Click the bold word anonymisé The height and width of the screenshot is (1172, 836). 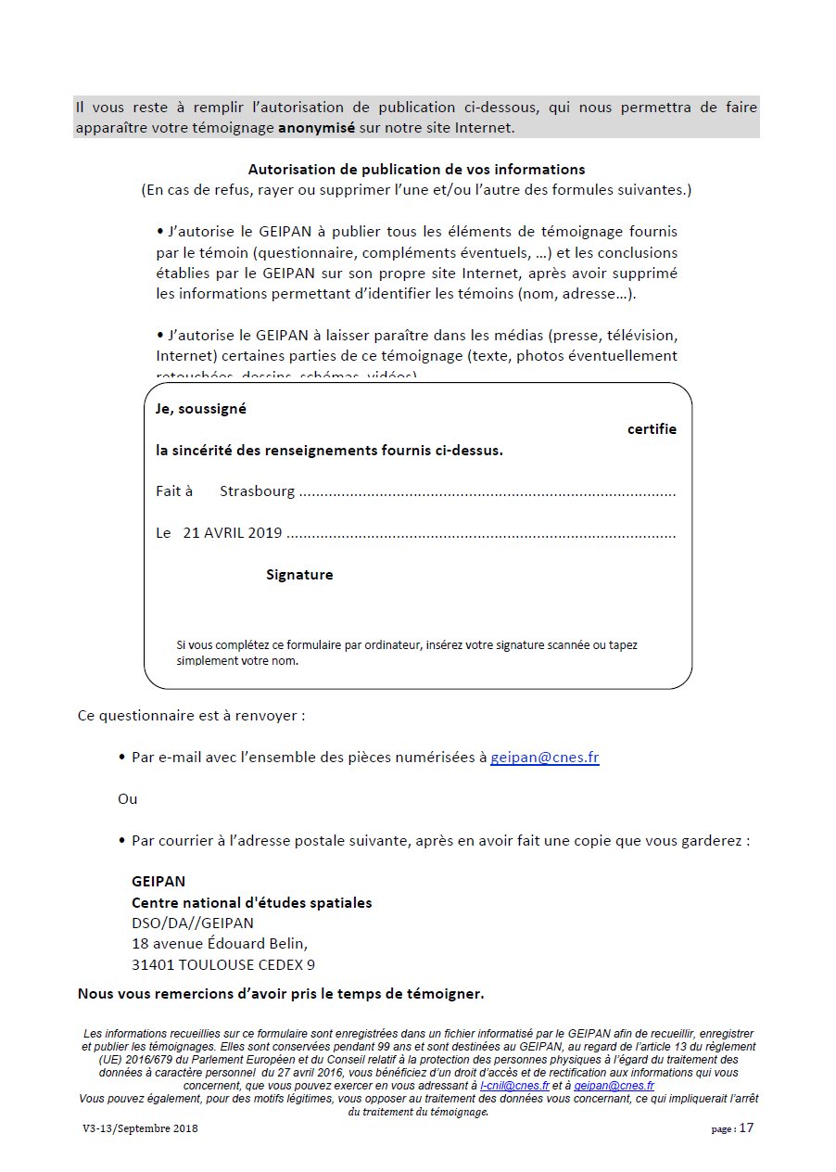316,128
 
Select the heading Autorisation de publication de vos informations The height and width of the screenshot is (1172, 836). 416,170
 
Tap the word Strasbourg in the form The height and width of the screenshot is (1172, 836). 257,491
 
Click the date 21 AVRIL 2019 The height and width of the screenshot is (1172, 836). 232,533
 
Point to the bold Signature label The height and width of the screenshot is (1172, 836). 299,575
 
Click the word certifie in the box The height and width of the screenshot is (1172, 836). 652,429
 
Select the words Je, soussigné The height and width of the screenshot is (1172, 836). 201,409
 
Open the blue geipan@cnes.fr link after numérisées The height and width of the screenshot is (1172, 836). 544,758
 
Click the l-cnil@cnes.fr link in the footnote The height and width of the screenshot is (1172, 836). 514,1085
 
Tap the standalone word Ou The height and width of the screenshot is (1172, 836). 127,799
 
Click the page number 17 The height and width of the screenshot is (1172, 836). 747,1128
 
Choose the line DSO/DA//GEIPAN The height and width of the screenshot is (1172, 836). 192,924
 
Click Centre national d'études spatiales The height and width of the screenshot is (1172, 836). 251,903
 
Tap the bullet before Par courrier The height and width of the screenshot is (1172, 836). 122,842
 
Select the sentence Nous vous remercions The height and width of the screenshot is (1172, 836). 281,995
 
